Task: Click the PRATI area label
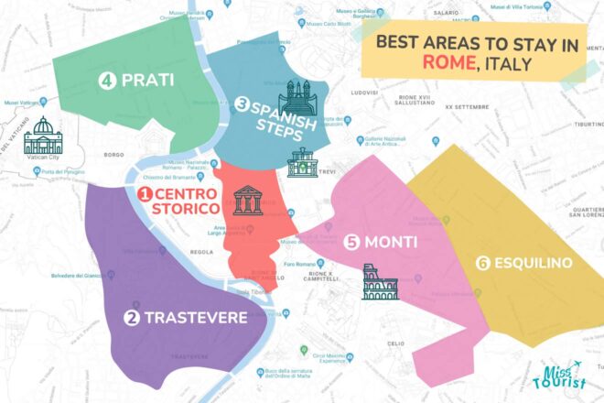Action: click(147, 80)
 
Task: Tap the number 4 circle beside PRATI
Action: click(107, 80)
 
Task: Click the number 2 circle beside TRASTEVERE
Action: click(132, 318)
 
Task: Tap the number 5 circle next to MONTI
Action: click(352, 243)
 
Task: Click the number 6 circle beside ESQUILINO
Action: click(482, 264)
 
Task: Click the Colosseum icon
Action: click(380, 283)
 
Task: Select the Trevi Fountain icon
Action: click(303, 162)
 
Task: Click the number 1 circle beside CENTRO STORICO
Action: click(144, 194)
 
